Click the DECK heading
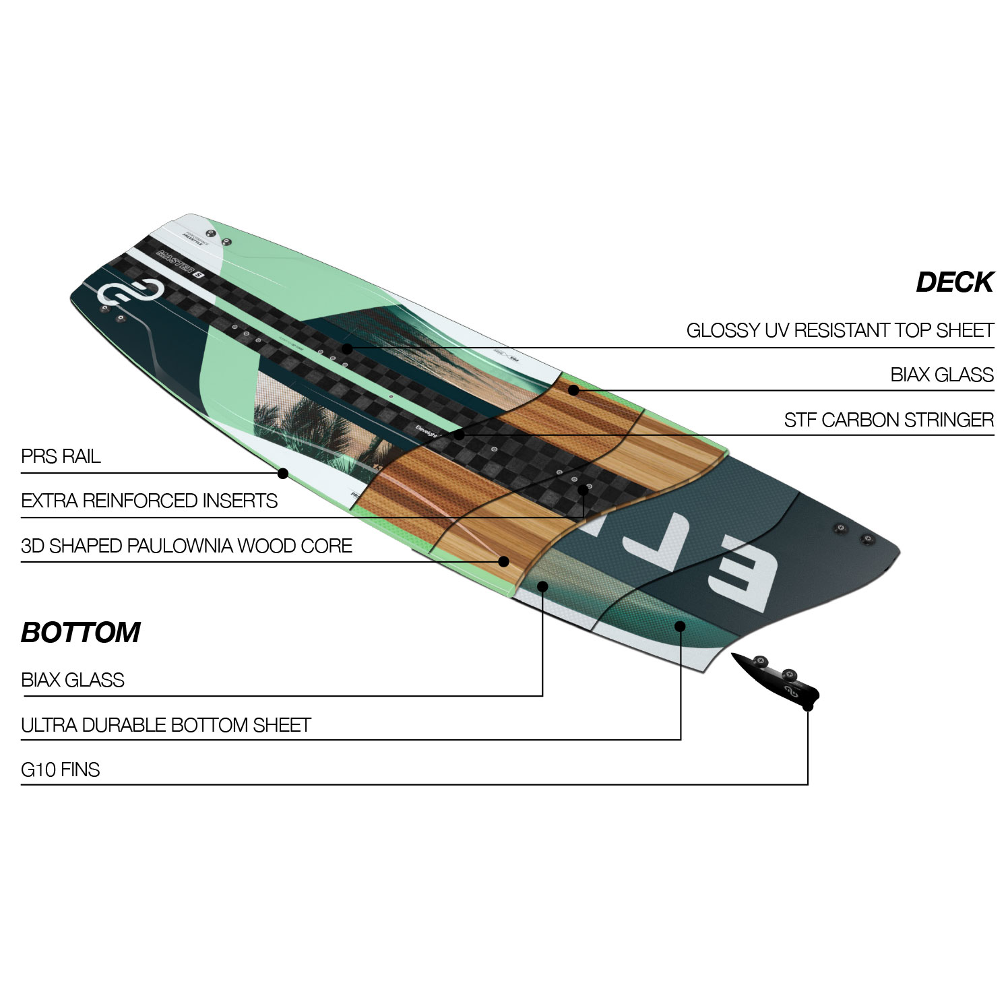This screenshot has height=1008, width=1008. click(x=954, y=282)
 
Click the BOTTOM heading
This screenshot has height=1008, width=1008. click(x=81, y=633)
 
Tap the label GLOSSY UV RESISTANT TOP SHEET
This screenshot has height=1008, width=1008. click(x=840, y=330)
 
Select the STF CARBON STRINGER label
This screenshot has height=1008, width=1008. click(x=888, y=420)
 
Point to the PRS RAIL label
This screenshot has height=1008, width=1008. click(x=61, y=456)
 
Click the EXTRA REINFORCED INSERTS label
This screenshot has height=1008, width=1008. click(x=149, y=501)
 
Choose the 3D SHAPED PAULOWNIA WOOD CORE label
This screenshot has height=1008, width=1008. click(x=187, y=545)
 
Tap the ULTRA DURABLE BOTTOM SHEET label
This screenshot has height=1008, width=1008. click(x=166, y=725)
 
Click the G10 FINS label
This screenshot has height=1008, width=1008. click(x=61, y=769)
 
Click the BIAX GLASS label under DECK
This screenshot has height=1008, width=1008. click(x=941, y=375)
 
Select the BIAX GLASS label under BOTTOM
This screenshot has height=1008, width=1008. click(x=73, y=680)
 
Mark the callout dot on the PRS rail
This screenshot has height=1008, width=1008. click(x=283, y=474)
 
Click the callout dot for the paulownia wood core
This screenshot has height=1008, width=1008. click(x=503, y=561)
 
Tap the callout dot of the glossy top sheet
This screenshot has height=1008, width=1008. click(x=346, y=348)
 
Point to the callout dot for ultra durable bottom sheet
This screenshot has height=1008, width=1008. click(x=680, y=626)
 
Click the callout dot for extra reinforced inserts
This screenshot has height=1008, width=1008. click(x=584, y=490)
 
